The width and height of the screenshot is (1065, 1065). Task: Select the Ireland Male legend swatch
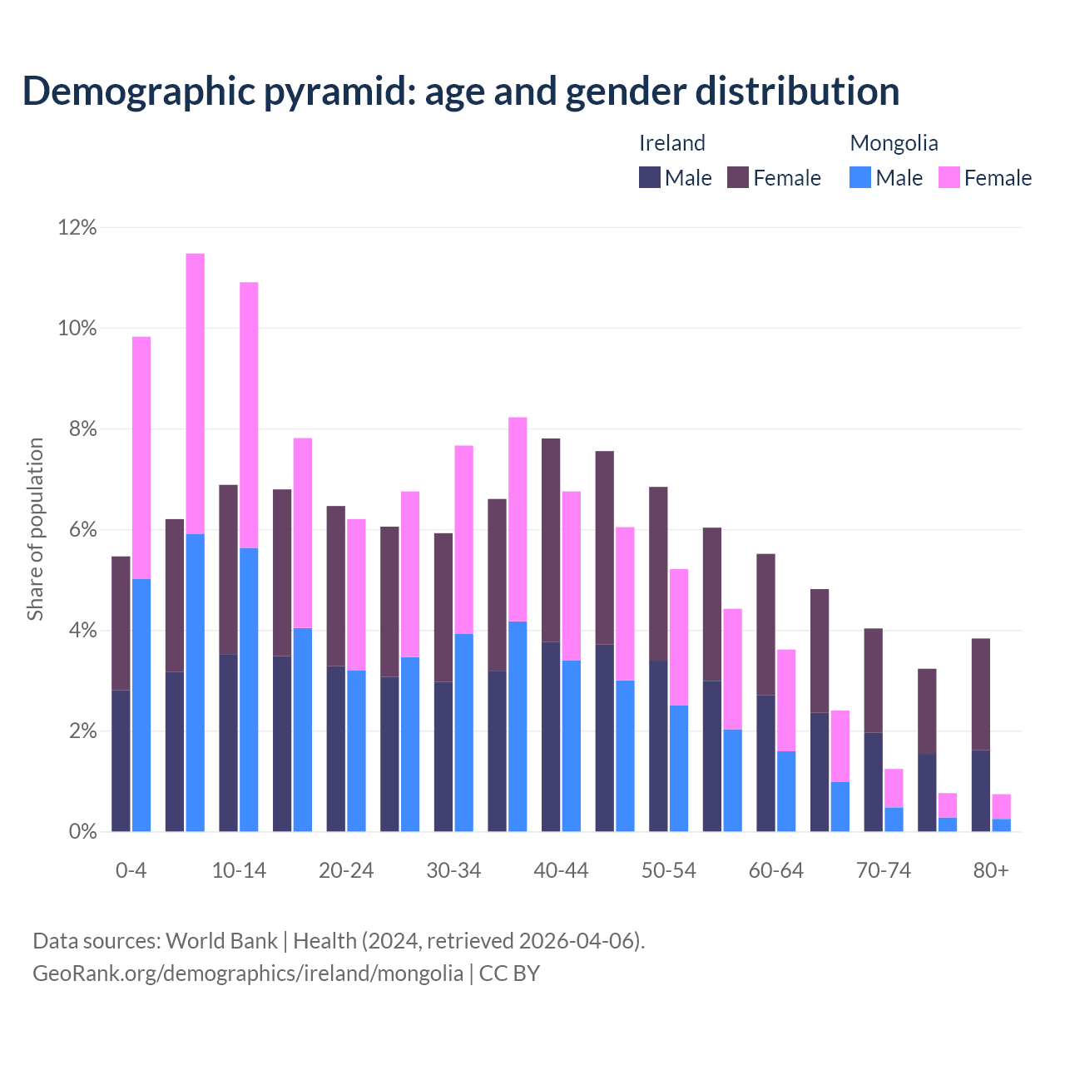pos(650,177)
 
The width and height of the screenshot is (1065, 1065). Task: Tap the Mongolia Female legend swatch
pos(949,177)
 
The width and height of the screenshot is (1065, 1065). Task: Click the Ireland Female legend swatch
pos(738,177)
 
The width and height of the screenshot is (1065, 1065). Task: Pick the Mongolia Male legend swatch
pos(860,177)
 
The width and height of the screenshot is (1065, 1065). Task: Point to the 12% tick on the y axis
pos(77,227)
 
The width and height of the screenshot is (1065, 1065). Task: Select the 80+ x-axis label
pos(991,870)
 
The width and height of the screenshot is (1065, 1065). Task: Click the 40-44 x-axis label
pos(561,870)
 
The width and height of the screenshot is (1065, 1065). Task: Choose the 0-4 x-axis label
pos(131,870)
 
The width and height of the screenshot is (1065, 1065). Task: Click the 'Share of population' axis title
pos(36,529)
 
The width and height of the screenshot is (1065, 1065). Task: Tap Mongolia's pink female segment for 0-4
pos(141,458)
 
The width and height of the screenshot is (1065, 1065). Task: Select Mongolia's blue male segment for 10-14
pos(249,689)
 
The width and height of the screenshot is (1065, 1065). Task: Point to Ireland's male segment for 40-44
pos(551,736)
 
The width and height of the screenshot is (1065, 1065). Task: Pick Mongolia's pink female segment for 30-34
pos(464,539)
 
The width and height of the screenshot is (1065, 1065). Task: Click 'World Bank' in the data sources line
pos(221,941)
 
